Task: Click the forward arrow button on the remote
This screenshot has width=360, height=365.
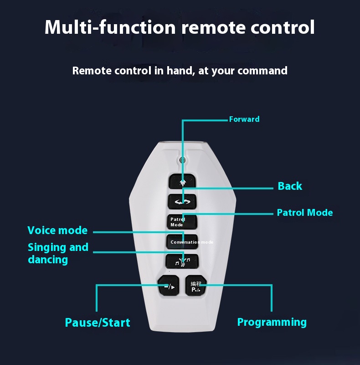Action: (182, 182)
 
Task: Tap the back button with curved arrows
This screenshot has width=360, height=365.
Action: (182, 201)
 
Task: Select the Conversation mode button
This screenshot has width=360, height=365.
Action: (182, 242)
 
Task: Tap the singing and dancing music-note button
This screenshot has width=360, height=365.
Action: (182, 261)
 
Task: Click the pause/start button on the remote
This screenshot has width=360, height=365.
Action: (168, 286)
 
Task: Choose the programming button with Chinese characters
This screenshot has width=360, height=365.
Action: (196, 286)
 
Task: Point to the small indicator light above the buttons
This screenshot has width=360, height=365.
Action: (182, 160)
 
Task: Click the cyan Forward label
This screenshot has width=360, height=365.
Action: (244, 119)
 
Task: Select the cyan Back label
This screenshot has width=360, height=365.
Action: (290, 186)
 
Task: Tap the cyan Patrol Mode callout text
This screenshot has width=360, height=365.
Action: (305, 213)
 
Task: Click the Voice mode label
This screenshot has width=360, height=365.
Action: (57, 230)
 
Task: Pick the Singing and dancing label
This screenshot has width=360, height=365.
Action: (58, 253)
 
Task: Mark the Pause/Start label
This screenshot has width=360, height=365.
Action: (98, 323)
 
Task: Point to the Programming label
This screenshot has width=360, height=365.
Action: (272, 322)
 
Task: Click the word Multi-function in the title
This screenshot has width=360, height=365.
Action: (110, 27)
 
